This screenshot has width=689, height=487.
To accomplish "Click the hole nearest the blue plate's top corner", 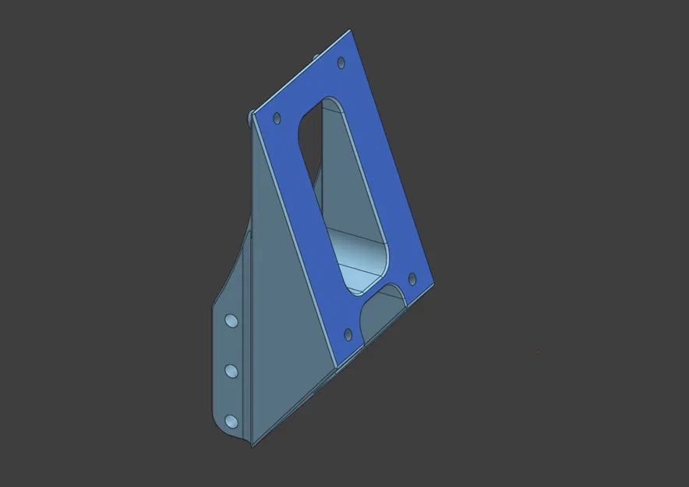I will pyautogui.click(x=340, y=62).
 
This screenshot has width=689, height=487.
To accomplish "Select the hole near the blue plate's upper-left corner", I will pyautogui.click(x=276, y=119).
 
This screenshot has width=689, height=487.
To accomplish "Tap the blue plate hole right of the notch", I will pyautogui.click(x=412, y=277).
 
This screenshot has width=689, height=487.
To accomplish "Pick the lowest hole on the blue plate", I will pyautogui.click(x=348, y=335).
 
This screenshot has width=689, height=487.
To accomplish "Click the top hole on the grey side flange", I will pyautogui.click(x=231, y=320).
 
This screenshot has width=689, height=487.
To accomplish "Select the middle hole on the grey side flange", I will pyautogui.click(x=231, y=371).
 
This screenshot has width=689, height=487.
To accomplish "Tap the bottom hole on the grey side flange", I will pyautogui.click(x=231, y=421).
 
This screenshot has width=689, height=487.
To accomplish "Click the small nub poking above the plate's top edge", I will pyautogui.click(x=315, y=56).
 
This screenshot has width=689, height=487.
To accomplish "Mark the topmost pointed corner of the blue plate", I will pyautogui.click(x=349, y=31).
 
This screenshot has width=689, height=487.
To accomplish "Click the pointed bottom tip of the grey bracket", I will pyautogui.click(x=251, y=445).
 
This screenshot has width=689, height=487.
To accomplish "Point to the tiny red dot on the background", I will pyautogui.click(x=539, y=353).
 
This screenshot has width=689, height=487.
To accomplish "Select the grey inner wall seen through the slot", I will pyautogui.click(x=347, y=187).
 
